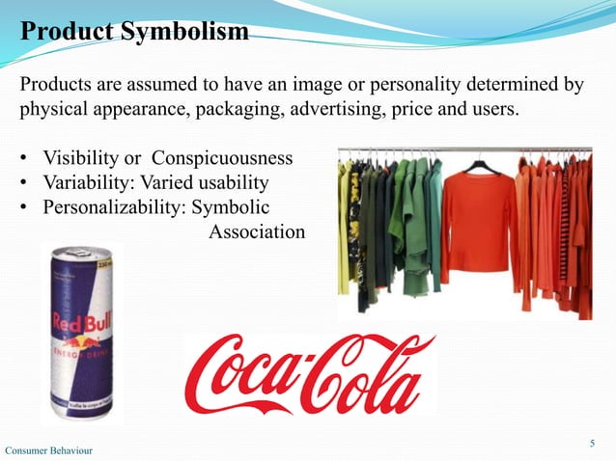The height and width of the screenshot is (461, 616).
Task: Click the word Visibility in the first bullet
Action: coord(81,157)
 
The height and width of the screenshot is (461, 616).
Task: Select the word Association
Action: coord(257,232)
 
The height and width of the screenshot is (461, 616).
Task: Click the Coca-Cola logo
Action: coord(311,373)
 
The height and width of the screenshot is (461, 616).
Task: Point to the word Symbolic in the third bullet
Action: coord(232,207)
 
